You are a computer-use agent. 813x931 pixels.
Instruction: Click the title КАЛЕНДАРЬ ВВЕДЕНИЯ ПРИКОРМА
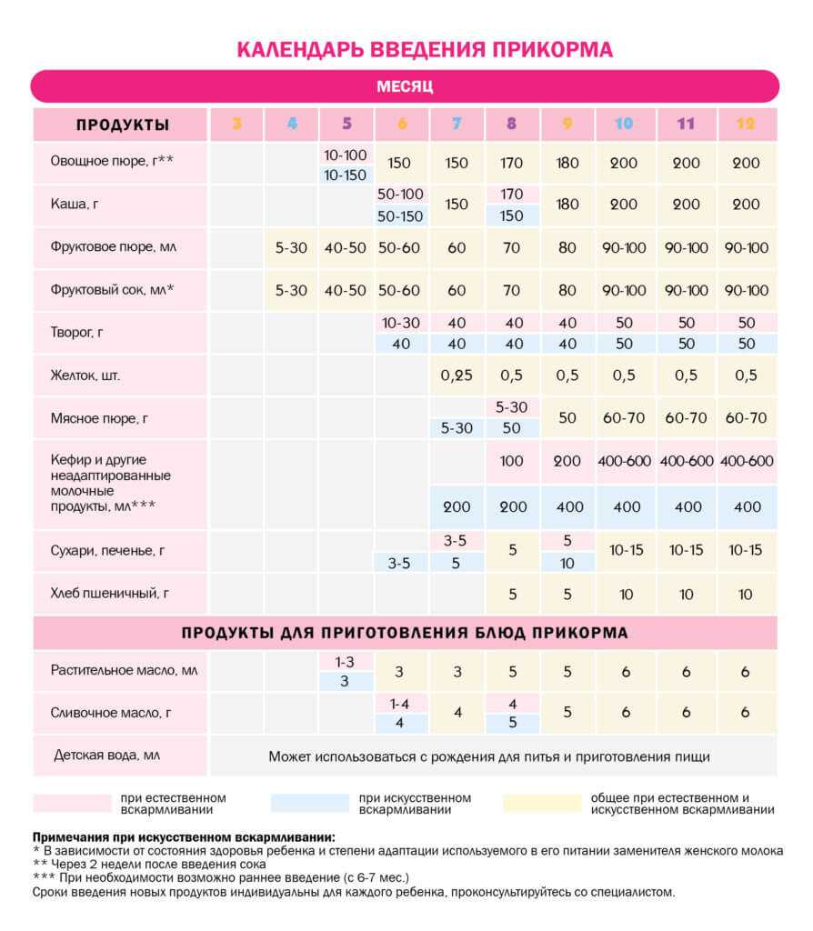(x=425, y=49)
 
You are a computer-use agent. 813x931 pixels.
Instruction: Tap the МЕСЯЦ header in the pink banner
(x=405, y=87)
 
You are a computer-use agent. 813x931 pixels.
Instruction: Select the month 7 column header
(x=457, y=125)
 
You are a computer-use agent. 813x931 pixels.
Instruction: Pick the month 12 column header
(x=745, y=125)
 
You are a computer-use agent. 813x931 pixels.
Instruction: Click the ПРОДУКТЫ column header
(x=122, y=125)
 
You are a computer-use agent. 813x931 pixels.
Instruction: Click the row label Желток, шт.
(x=85, y=375)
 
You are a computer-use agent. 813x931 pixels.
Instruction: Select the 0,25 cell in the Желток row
(x=457, y=375)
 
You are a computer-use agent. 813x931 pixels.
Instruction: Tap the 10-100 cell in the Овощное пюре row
(x=345, y=155)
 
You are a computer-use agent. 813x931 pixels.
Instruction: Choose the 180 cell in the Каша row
(x=567, y=205)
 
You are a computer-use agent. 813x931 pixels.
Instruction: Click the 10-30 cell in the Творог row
(x=401, y=323)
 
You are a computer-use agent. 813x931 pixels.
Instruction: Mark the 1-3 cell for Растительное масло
(x=345, y=662)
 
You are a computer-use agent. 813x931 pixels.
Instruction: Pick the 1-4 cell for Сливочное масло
(x=400, y=703)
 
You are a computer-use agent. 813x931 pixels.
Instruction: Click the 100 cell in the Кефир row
(x=512, y=461)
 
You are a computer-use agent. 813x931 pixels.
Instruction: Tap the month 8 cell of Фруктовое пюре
(x=512, y=248)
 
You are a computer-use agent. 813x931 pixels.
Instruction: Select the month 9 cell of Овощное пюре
(x=567, y=163)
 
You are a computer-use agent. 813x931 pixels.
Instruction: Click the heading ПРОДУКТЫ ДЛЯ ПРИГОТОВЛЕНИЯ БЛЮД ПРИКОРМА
(x=405, y=632)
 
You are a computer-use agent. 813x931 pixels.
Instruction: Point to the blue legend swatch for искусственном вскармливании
(x=309, y=803)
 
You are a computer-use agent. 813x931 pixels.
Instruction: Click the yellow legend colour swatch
(x=541, y=803)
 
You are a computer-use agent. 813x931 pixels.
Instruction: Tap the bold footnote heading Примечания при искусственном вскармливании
(x=183, y=836)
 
